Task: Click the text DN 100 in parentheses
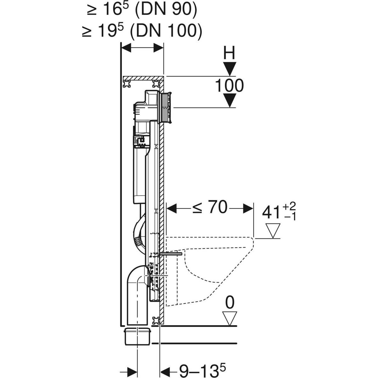166,32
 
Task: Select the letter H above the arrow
229,54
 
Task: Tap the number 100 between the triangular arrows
229,86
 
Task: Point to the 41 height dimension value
272,213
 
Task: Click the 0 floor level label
230,303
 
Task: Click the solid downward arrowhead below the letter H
230,69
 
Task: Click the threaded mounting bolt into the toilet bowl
171,254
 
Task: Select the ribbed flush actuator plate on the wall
166,107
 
